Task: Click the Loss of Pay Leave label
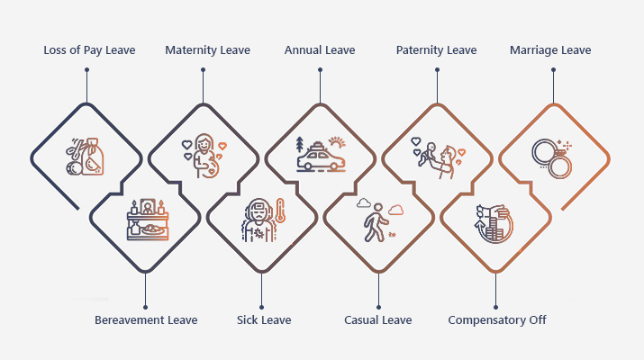pos(89,50)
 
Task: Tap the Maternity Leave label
pos(207,50)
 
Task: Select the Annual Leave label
pos(320,50)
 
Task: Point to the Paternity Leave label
pos(436,50)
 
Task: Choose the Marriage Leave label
pos(550,50)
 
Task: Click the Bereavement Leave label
pos(146,319)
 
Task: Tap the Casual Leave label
pos(378,319)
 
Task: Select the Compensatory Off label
pos(497,319)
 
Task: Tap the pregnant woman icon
pos(204,155)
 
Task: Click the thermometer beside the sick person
pos(280,212)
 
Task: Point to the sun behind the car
pos(337,143)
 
